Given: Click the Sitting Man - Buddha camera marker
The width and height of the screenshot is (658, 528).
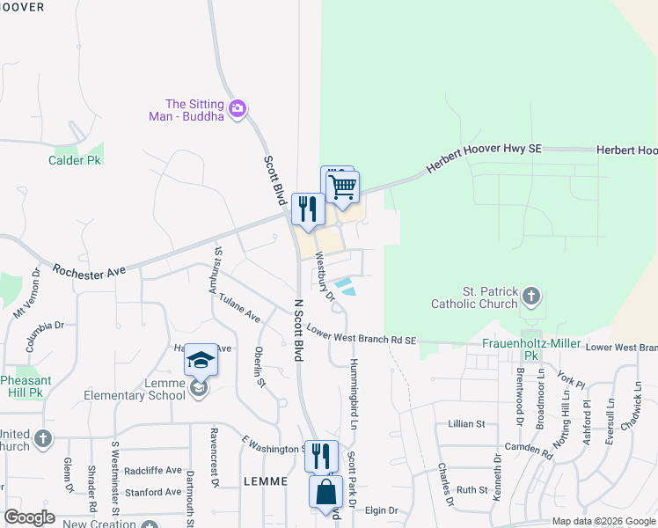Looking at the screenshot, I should coord(237,109).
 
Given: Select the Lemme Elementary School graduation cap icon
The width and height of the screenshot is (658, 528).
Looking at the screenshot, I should coord(201,360).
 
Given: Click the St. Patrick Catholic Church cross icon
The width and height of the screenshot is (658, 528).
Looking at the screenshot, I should coord(530,295).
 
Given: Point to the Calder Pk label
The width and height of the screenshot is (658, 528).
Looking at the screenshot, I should coord(75,160).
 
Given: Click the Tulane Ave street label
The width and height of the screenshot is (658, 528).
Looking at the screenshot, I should coord(240,309).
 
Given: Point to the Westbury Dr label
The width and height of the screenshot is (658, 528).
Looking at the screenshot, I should coord(325,279).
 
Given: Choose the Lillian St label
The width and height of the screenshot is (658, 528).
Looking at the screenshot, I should coord(466,423).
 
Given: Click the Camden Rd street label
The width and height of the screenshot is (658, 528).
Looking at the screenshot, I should coord(529,451).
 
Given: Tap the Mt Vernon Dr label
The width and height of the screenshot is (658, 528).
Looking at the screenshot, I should coord(25,299).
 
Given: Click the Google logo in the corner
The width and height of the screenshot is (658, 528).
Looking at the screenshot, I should coord(29,517).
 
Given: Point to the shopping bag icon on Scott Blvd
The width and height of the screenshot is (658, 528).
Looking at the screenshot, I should coord(326,492).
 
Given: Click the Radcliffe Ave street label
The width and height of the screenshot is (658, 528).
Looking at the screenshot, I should coord(152,471).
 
